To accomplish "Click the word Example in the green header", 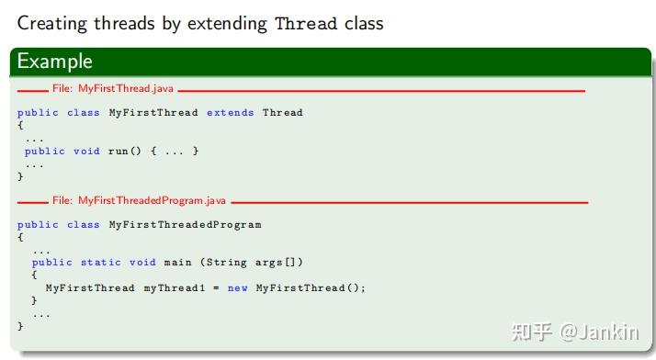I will [55, 62].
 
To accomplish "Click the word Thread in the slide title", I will [306, 23].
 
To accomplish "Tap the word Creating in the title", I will [51, 23].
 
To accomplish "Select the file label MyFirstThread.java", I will [111, 88].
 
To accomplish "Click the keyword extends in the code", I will [231, 113].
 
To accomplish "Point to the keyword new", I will [238, 287].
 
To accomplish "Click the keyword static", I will [101, 262].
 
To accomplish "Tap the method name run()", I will [125, 152].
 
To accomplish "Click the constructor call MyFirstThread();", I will [311, 287].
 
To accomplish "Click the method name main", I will [178, 262].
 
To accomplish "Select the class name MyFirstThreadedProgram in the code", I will [185, 225].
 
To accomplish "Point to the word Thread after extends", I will [283, 113].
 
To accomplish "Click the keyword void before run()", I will [86, 152].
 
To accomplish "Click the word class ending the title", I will [364, 23].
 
